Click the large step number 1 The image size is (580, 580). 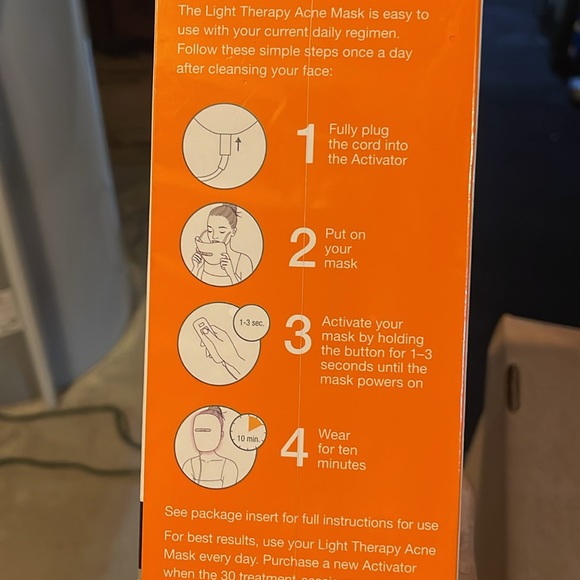click(307, 144)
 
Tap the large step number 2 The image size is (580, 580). click(302, 248)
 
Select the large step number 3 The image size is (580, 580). click(298, 337)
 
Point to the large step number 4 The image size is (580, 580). click(294, 448)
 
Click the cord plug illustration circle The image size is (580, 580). click(224, 146)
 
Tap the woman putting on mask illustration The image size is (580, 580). click(221, 244)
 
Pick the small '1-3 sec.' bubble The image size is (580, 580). click(250, 323)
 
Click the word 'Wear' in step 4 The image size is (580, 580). click(334, 435)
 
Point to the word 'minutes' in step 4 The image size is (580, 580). click(341, 465)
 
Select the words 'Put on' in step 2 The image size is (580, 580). click(345, 234)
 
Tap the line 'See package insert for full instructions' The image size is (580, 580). click(300, 524)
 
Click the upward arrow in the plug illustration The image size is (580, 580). click(237, 143)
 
